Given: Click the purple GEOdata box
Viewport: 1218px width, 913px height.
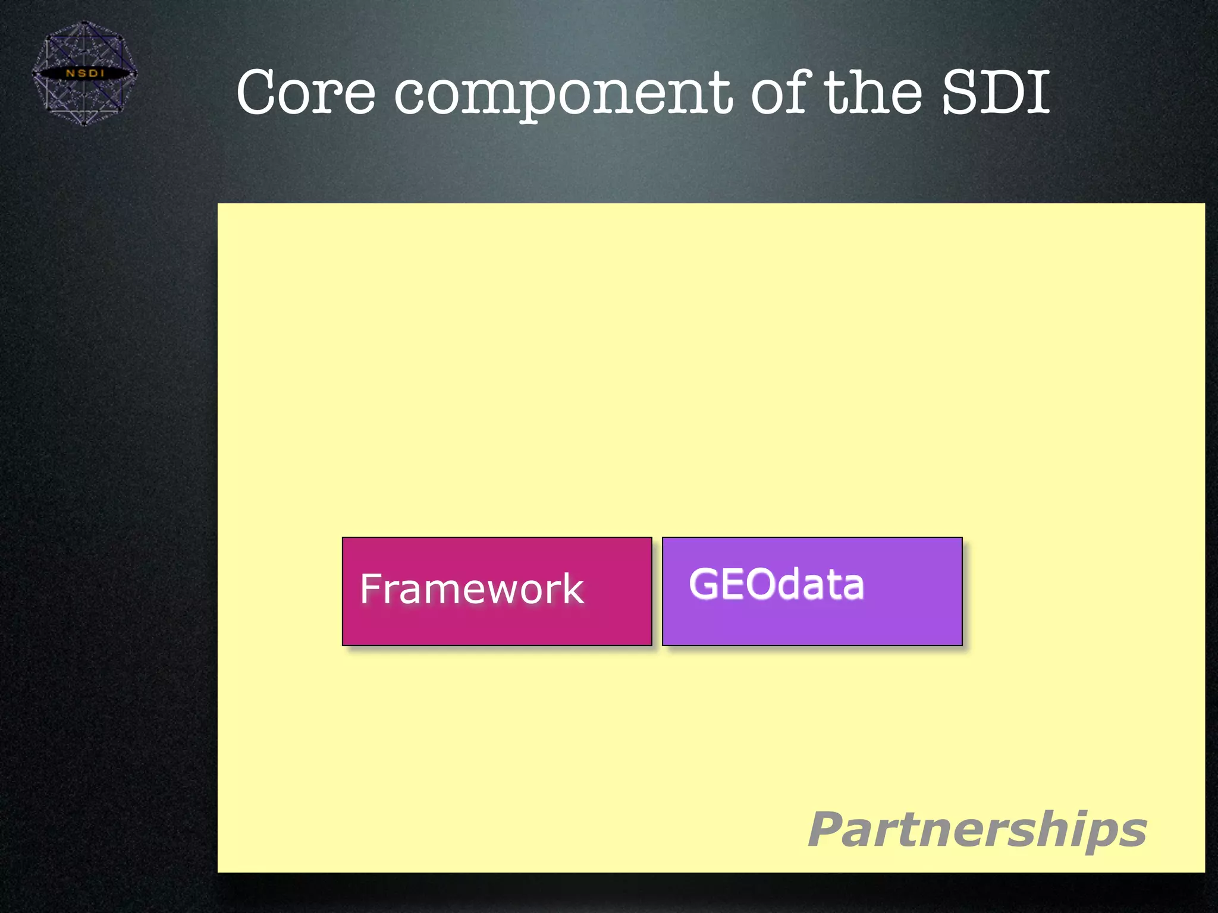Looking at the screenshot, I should click(x=812, y=624).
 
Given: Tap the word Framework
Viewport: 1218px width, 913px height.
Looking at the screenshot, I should click(x=472, y=589).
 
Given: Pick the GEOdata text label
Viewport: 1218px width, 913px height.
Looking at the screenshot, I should click(x=776, y=584).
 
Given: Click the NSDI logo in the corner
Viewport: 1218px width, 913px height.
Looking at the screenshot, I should click(x=84, y=73).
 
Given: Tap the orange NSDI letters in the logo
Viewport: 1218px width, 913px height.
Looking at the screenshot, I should click(x=84, y=73).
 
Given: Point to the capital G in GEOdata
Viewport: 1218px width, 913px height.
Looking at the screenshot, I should click(x=704, y=584).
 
